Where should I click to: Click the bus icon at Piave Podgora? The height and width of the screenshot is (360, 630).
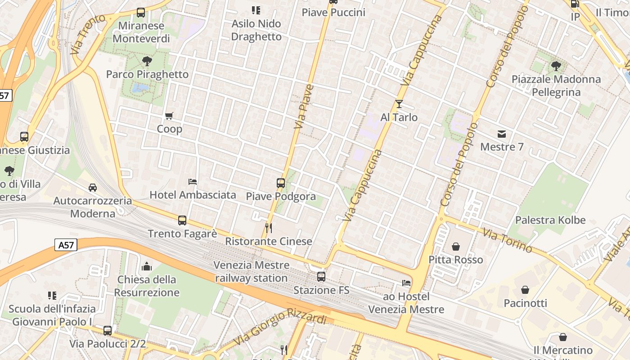(281, 183)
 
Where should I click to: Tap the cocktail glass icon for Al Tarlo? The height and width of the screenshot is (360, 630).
(399, 104)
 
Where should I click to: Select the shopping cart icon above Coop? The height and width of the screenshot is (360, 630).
(169, 116)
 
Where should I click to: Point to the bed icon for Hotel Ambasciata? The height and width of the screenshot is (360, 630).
(193, 181)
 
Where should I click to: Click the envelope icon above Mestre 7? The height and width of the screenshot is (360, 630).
(502, 134)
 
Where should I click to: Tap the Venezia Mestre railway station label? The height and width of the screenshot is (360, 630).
(251, 271)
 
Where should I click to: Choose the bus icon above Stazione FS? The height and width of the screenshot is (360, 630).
(321, 276)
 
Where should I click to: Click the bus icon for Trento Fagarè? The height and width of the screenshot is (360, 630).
(182, 220)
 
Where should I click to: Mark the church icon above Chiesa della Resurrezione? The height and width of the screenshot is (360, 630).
(147, 266)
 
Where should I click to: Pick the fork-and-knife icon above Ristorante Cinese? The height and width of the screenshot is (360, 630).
(269, 228)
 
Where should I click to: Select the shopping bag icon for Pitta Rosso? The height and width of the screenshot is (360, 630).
(456, 247)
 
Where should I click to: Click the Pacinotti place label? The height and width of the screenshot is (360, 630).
(525, 303)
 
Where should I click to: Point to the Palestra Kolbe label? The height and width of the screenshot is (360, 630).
(550, 220)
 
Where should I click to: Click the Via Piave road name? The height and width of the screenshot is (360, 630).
(304, 106)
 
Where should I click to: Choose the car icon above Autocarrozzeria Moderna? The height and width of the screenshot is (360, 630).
(93, 187)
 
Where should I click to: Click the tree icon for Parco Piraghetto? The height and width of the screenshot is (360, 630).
(147, 61)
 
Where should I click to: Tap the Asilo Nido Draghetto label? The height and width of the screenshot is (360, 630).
(256, 30)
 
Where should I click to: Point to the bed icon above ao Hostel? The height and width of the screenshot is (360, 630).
(406, 283)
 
